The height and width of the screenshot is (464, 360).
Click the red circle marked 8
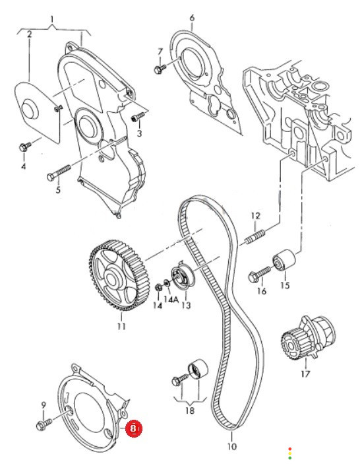coord(133,428)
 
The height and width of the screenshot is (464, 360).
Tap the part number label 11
coord(121,326)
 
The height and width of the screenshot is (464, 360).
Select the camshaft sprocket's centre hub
coord(111,278)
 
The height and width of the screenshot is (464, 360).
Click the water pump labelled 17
coord(307,337)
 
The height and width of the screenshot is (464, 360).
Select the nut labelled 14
coord(158,286)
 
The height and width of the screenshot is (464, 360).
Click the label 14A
coord(171,300)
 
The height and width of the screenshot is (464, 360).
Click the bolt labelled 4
coord(26,146)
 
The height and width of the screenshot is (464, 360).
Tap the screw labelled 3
coord(138,116)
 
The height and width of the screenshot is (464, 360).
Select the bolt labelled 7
coord(160,69)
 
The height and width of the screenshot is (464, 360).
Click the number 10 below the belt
coord(232,446)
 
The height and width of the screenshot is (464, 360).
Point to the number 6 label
coord(192,18)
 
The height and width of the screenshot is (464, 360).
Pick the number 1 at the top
coord(52,20)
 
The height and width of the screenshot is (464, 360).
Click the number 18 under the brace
coord(190,411)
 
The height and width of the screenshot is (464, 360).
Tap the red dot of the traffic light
coord(290,449)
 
